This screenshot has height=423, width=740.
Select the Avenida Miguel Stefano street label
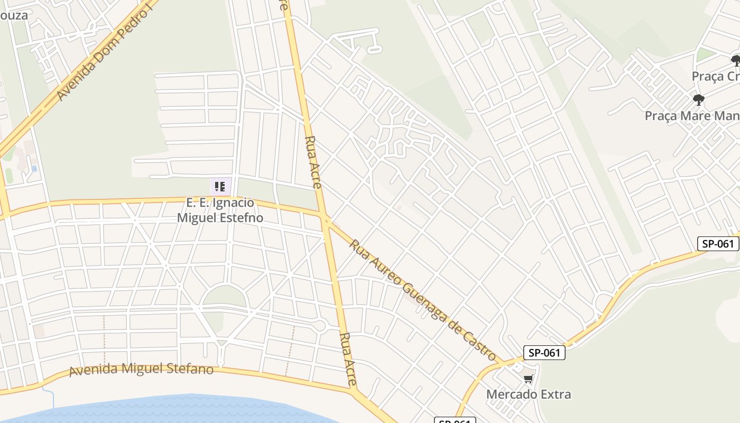(x=141, y=369)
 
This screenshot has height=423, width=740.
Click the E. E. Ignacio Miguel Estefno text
(x=220, y=210)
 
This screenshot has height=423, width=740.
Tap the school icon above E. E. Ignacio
(x=220, y=186)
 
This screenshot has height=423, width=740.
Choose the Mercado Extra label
(x=528, y=394)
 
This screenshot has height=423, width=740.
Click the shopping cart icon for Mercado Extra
(x=528, y=379)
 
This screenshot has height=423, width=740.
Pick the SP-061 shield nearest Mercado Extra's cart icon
(x=544, y=353)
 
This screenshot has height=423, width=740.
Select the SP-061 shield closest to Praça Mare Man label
(x=718, y=243)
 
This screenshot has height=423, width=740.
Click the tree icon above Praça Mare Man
(x=698, y=99)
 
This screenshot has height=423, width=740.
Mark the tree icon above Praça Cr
(x=735, y=60)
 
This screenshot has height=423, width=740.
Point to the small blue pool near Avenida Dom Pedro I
(x=34, y=168)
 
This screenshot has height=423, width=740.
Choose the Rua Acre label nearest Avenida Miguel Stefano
(x=348, y=358)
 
